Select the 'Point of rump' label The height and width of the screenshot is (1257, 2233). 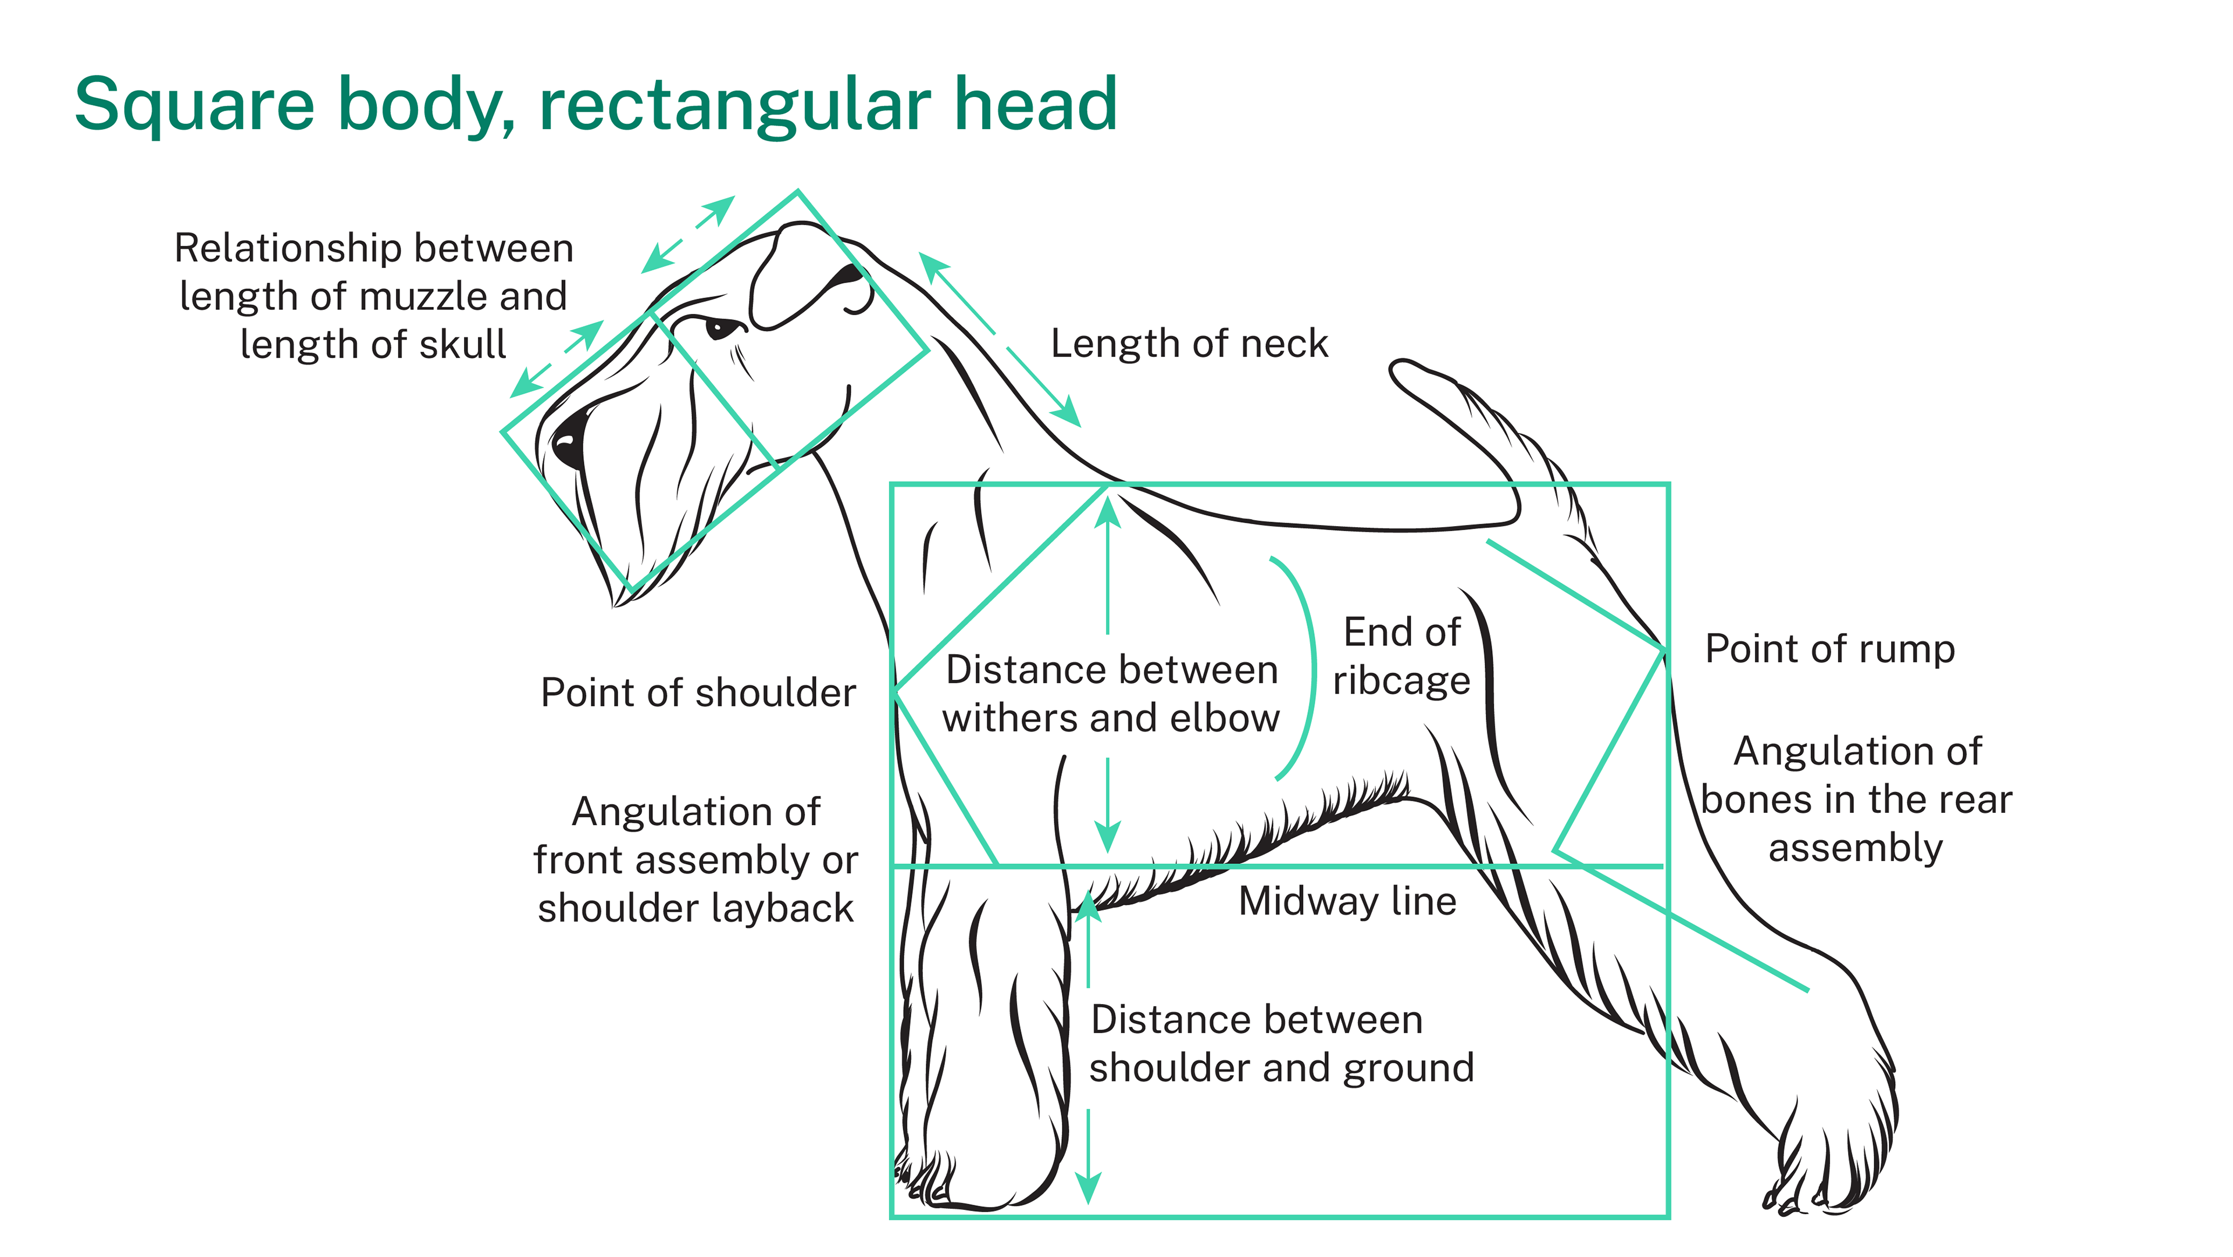point(1829,648)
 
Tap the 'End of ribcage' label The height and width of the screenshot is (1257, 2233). point(1401,656)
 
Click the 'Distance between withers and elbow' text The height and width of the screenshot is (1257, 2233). point(1111,694)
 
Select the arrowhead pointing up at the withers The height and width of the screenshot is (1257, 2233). point(1107,512)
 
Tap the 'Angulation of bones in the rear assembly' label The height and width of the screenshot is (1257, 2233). point(1856,799)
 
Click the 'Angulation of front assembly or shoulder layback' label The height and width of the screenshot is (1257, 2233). point(695,860)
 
